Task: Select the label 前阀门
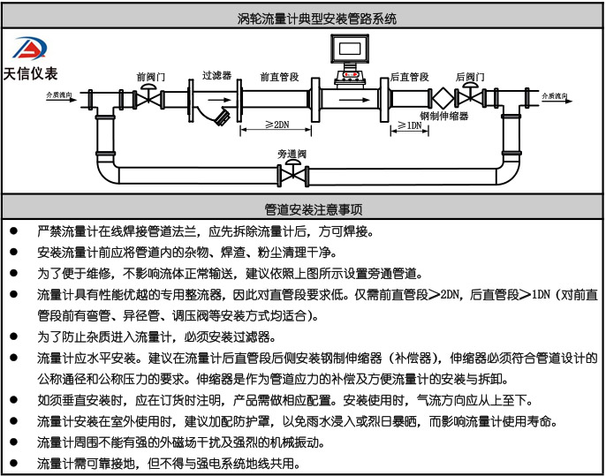149,77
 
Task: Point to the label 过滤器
216,76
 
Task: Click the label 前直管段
278,77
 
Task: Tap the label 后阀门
470,77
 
